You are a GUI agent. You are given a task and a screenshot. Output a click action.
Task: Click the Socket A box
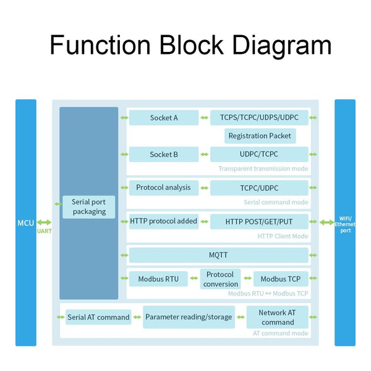point(164,117)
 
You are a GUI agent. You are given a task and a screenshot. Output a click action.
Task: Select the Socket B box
point(164,154)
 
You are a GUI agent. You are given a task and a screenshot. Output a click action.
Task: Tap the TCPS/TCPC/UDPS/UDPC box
point(259,117)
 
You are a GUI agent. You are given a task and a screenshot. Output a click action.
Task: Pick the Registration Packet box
point(259,136)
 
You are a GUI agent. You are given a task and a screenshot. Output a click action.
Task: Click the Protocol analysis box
point(164,187)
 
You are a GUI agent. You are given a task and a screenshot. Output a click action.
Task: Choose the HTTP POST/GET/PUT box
point(259,221)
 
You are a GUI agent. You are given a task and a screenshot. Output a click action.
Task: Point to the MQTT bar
point(218,255)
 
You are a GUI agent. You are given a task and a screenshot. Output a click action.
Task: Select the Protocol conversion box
point(220,279)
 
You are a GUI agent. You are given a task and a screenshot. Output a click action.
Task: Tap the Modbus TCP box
point(281,279)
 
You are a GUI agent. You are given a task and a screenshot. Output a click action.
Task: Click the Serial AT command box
point(98,317)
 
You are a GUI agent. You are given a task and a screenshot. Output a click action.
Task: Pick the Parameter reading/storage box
point(189,317)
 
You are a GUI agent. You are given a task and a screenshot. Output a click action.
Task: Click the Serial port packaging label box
point(89,207)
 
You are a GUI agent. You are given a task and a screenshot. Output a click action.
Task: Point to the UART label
point(45,231)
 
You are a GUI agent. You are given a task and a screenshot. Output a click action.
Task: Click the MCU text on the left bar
point(25,222)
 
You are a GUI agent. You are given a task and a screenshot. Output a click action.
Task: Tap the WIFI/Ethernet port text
point(345,224)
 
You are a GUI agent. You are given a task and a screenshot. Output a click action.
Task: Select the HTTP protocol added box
point(164,221)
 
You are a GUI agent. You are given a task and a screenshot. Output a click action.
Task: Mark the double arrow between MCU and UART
point(45,222)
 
